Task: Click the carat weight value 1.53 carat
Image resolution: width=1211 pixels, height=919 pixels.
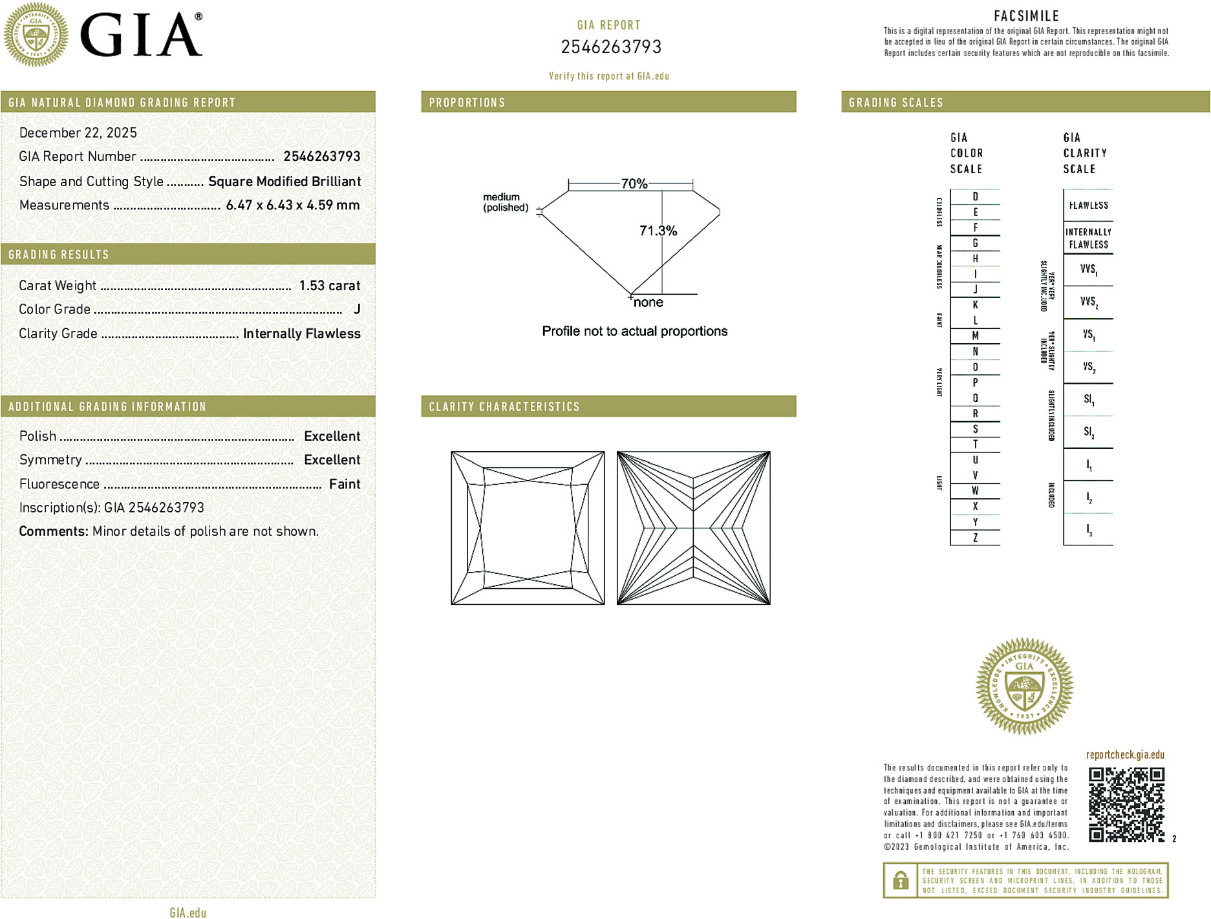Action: tap(329, 286)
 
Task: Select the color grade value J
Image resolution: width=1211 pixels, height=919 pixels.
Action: tap(357, 310)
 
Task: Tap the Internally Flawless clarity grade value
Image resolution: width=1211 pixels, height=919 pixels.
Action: tap(301, 333)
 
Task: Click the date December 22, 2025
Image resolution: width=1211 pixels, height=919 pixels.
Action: tap(78, 132)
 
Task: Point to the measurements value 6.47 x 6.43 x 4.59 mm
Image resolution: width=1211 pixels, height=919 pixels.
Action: tap(292, 205)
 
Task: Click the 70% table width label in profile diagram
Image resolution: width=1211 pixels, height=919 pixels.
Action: tap(634, 184)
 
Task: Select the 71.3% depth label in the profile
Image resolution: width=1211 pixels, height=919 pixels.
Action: tap(658, 231)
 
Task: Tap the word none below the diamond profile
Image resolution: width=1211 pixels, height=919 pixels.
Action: tap(648, 302)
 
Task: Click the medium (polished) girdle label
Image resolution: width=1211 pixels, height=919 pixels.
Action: tap(505, 202)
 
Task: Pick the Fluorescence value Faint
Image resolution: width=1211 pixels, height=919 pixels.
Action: tap(344, 484)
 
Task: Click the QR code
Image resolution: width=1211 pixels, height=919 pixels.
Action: tap(1126, 805)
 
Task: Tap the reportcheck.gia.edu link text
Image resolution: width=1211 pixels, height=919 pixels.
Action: tap(1124, 755)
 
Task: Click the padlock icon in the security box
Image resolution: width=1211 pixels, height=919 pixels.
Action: tap(900, 880)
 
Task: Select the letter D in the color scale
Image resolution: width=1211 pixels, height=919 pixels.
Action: tap(975, 196)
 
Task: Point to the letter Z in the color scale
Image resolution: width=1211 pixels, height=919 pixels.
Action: tap(975, 538)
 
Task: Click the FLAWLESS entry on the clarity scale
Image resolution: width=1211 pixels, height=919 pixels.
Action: tap(1088, 206)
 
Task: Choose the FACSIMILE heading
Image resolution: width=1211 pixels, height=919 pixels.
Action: tap(1026, 16)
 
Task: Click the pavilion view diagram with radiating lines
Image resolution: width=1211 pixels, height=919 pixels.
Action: tap(693, 528)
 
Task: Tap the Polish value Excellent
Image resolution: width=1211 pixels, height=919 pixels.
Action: tap(332, 436)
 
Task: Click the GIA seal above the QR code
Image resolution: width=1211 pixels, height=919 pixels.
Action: tap(1024, 686)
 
